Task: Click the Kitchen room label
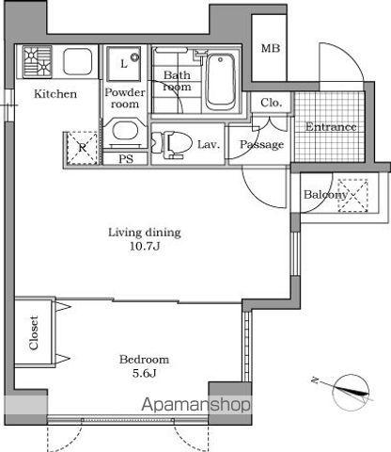click(x=55, y=94)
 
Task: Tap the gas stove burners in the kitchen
click(x=38, y=61)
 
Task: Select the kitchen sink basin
click(x=77, y=61)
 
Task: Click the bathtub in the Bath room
click(x=221, y=82)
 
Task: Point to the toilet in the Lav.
click(x=171, y=144)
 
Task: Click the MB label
click(x=271, y=48)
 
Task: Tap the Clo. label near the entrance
click(x=272, y=103)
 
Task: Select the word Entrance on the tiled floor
click(x=331, y=127)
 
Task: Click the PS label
click(x=126, y=159)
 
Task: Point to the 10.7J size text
click(x=145, y=246)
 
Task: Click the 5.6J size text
click(x=145, y=373)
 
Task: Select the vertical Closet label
click(x=34, y=332)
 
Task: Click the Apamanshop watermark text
click(x=196, y=405)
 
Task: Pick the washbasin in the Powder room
click(x=125, y=133)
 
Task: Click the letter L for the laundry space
click(x=124, y=64)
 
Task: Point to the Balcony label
click(x=326, y=195)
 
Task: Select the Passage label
click(x=262, y=145)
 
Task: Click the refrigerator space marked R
click(x=83, y=148)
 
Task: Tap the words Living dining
click(x=145, y=233)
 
